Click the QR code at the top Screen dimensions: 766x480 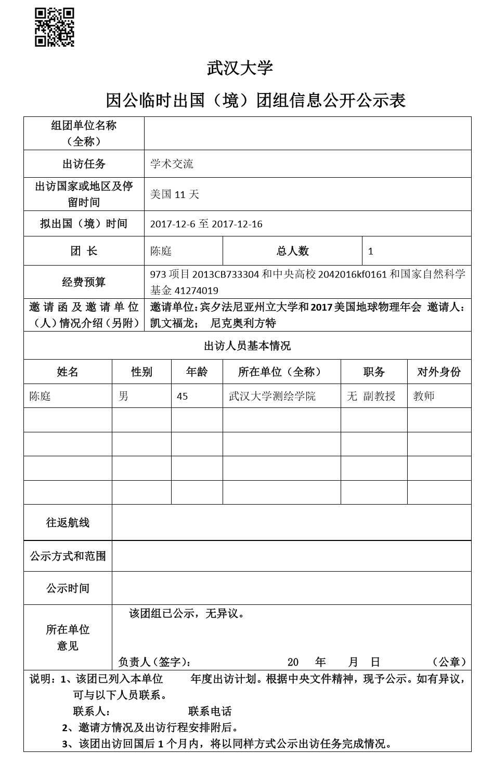click(54, 28)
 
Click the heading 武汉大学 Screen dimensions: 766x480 click(240, 68)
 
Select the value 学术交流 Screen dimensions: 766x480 click(172, 164)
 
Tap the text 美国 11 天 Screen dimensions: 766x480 click(174, 195)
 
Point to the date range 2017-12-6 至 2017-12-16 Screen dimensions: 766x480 click(206, 224)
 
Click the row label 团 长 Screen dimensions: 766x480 click(84, 251)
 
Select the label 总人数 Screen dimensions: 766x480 click(292, 251)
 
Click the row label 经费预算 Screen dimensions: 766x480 click(84, 282)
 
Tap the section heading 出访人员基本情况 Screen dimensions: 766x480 click(247, 346)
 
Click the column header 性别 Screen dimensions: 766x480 click(141, 372)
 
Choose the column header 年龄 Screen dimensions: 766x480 click(197, 372)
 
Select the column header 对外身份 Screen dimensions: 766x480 click(439, 372)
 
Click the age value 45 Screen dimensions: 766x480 click(183, 397)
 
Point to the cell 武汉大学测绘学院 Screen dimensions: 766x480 click(272, 397)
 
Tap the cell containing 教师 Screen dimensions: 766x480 click(424, 397)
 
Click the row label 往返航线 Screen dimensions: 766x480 click(68, 523)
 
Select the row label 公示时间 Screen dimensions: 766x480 click(68, 588)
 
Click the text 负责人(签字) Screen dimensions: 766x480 click(154, 662)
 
